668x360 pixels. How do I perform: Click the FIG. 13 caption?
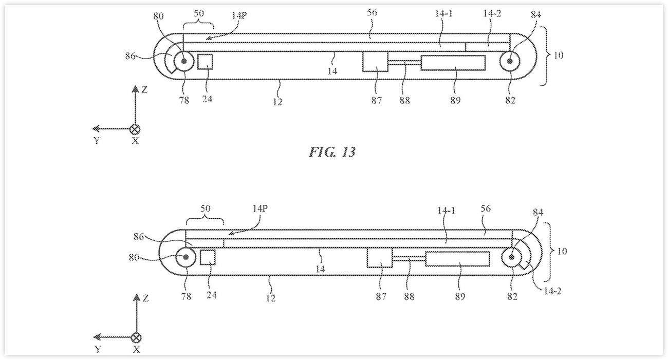(x=332, y=152)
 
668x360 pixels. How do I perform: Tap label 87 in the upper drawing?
(x=377, y=101)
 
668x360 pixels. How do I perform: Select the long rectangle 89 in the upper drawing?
(x=453, y=63)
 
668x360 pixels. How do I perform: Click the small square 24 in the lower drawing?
(x=208, y=257)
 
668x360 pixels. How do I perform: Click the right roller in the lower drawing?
(x=512, y=257)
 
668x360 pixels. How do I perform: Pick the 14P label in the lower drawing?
(x=259, y=209)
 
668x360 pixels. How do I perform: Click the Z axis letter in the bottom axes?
(x=145, y=298)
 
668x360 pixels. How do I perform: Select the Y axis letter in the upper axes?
(x=97, y=140)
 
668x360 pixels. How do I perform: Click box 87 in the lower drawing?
(x=380, y=258)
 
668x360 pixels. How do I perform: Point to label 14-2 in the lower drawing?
(x=552, y=291)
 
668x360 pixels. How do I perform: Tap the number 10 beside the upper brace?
(x=558, y=55)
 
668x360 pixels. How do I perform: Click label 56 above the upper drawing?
(x=372, y=12)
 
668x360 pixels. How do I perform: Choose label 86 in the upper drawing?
(x=131, y=56)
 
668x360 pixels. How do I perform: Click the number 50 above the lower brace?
(x=205, y=209)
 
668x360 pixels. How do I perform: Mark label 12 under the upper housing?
(x=277, y=102)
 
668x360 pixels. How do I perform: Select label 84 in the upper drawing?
(x=535, y=14)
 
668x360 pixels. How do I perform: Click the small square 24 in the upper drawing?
(x=205, y=62)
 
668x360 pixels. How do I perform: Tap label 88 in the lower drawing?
(x=409, y=296)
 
